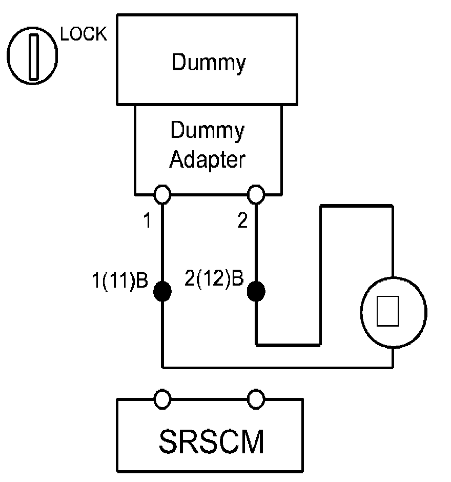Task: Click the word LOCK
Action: click(x=83, y=34)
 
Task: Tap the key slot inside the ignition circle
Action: click(x=34, y=57)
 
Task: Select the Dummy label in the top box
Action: click(x=209, y=63)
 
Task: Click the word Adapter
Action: click(x=208, y=160)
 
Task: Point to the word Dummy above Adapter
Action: click(x=208, y=131)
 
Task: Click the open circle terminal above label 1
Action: click(x=162, y=194)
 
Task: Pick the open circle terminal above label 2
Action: click(x=256, y=194)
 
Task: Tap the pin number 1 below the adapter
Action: click(x=148, y=220)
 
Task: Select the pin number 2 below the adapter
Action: click(x=242, y=220)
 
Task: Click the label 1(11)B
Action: click(x=120, y=280)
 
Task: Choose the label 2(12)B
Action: click(x=214, y=278)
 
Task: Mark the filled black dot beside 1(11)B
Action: click(x=162, y=291)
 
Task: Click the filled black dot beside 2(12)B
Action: click(x=256, y=291)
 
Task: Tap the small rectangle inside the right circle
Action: click(x=388, y=311)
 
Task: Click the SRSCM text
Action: click(x=211, y=441)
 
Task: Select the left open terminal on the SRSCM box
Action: click(x=162, y=399)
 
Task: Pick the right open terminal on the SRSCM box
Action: click(x=256, y=399)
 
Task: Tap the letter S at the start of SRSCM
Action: click(x=169, y=441)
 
